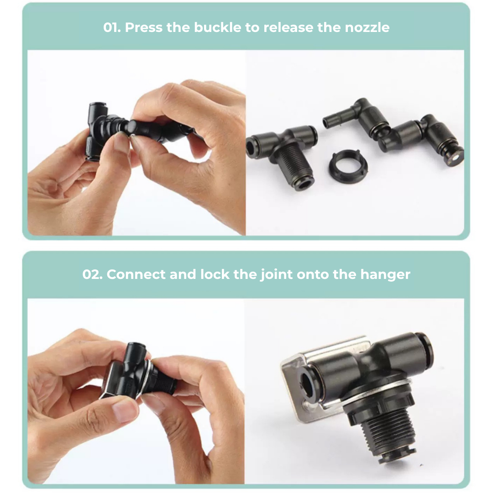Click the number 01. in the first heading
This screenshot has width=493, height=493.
click(x=112, y=27)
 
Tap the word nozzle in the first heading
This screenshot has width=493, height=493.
click(x=367, y=27)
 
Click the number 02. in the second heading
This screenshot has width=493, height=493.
click(x=93, y=275)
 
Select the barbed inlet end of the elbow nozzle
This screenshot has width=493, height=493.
click(x=332, y=121)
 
